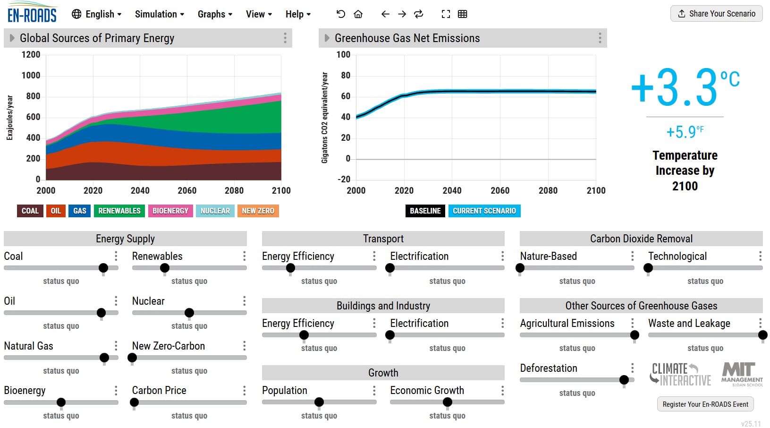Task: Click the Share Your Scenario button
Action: (716, 14)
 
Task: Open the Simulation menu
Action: (159, 14)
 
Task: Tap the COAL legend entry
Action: (30, 211)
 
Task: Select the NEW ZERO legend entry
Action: (258, 211)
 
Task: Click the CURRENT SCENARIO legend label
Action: (484, 211)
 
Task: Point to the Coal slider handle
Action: (103, 268)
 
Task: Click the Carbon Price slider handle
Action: (135, 402)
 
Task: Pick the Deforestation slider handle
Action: (624, 379)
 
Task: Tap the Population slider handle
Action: (319, 402)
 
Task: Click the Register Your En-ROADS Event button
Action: (705, 404)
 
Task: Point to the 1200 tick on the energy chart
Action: (31, 55)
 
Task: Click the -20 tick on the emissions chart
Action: (344, 179)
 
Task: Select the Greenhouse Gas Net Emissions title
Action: (407, 38)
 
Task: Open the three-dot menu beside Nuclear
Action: (244, 301)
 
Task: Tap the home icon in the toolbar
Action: (358, 14)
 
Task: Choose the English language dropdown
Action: (96, 14)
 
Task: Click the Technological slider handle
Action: (648, 268)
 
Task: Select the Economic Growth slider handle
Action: (448, 402)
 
